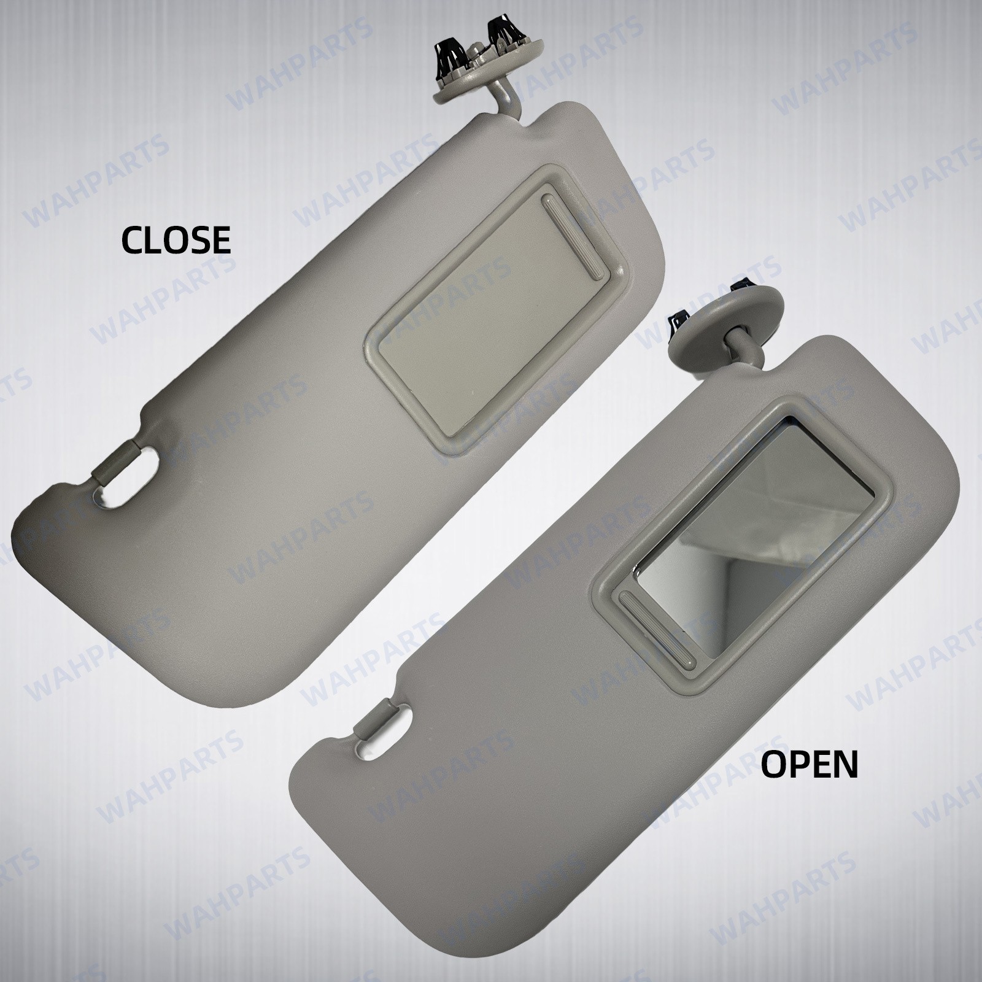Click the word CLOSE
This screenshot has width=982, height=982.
pyautogui.click(x=176, y=239)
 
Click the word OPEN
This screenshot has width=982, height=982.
pyautogui.click(x=810, y=765)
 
